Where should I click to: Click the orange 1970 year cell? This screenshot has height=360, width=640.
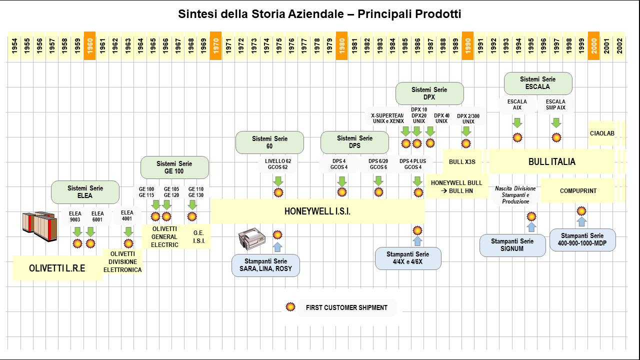tap(215, 46)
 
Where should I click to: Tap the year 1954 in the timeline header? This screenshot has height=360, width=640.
tap(14, 46)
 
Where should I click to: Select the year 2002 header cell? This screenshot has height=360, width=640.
tap(619, 46)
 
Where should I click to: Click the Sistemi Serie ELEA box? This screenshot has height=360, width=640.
tap(85, 192)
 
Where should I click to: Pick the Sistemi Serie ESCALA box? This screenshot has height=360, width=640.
tap(537, 83)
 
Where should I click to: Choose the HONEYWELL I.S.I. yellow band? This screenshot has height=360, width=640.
tap(317, 211)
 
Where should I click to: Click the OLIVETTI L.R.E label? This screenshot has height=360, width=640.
tap(57, 268)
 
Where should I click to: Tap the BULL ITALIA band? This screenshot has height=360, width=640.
tap(551, 161)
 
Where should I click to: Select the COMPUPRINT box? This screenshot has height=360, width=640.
tap(578, 190)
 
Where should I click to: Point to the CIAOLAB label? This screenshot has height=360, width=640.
tap(601, 133)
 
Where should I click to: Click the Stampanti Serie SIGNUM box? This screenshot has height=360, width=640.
tap(512, 245)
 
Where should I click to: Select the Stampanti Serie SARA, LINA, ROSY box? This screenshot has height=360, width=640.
tap(265, 265)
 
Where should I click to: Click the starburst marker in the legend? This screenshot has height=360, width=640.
tap(290, 307)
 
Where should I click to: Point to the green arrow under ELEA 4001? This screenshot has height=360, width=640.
tap(128, 231)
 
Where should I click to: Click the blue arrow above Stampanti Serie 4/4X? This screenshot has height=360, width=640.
tap(417, 241)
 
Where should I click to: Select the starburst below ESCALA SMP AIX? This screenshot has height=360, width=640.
tap(556, 137)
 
